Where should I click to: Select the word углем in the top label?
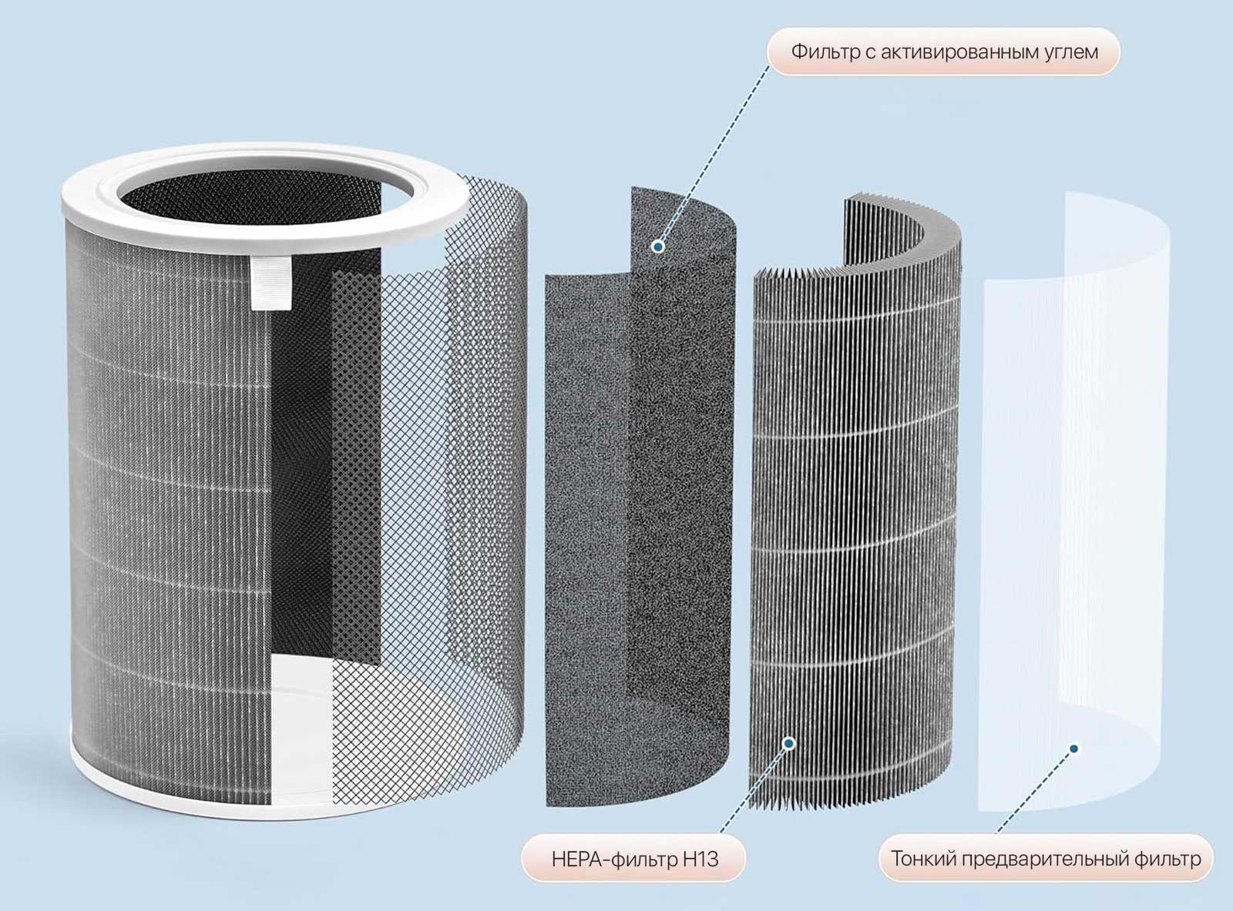tap(1070, 52)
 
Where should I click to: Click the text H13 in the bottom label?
tap(700, 859)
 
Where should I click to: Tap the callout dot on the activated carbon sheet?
tap(657, 246)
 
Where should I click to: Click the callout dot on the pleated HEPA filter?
tap(788, 743)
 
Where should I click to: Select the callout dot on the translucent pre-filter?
tap(1073, 749)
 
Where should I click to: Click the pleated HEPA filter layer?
tap(848, 501)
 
